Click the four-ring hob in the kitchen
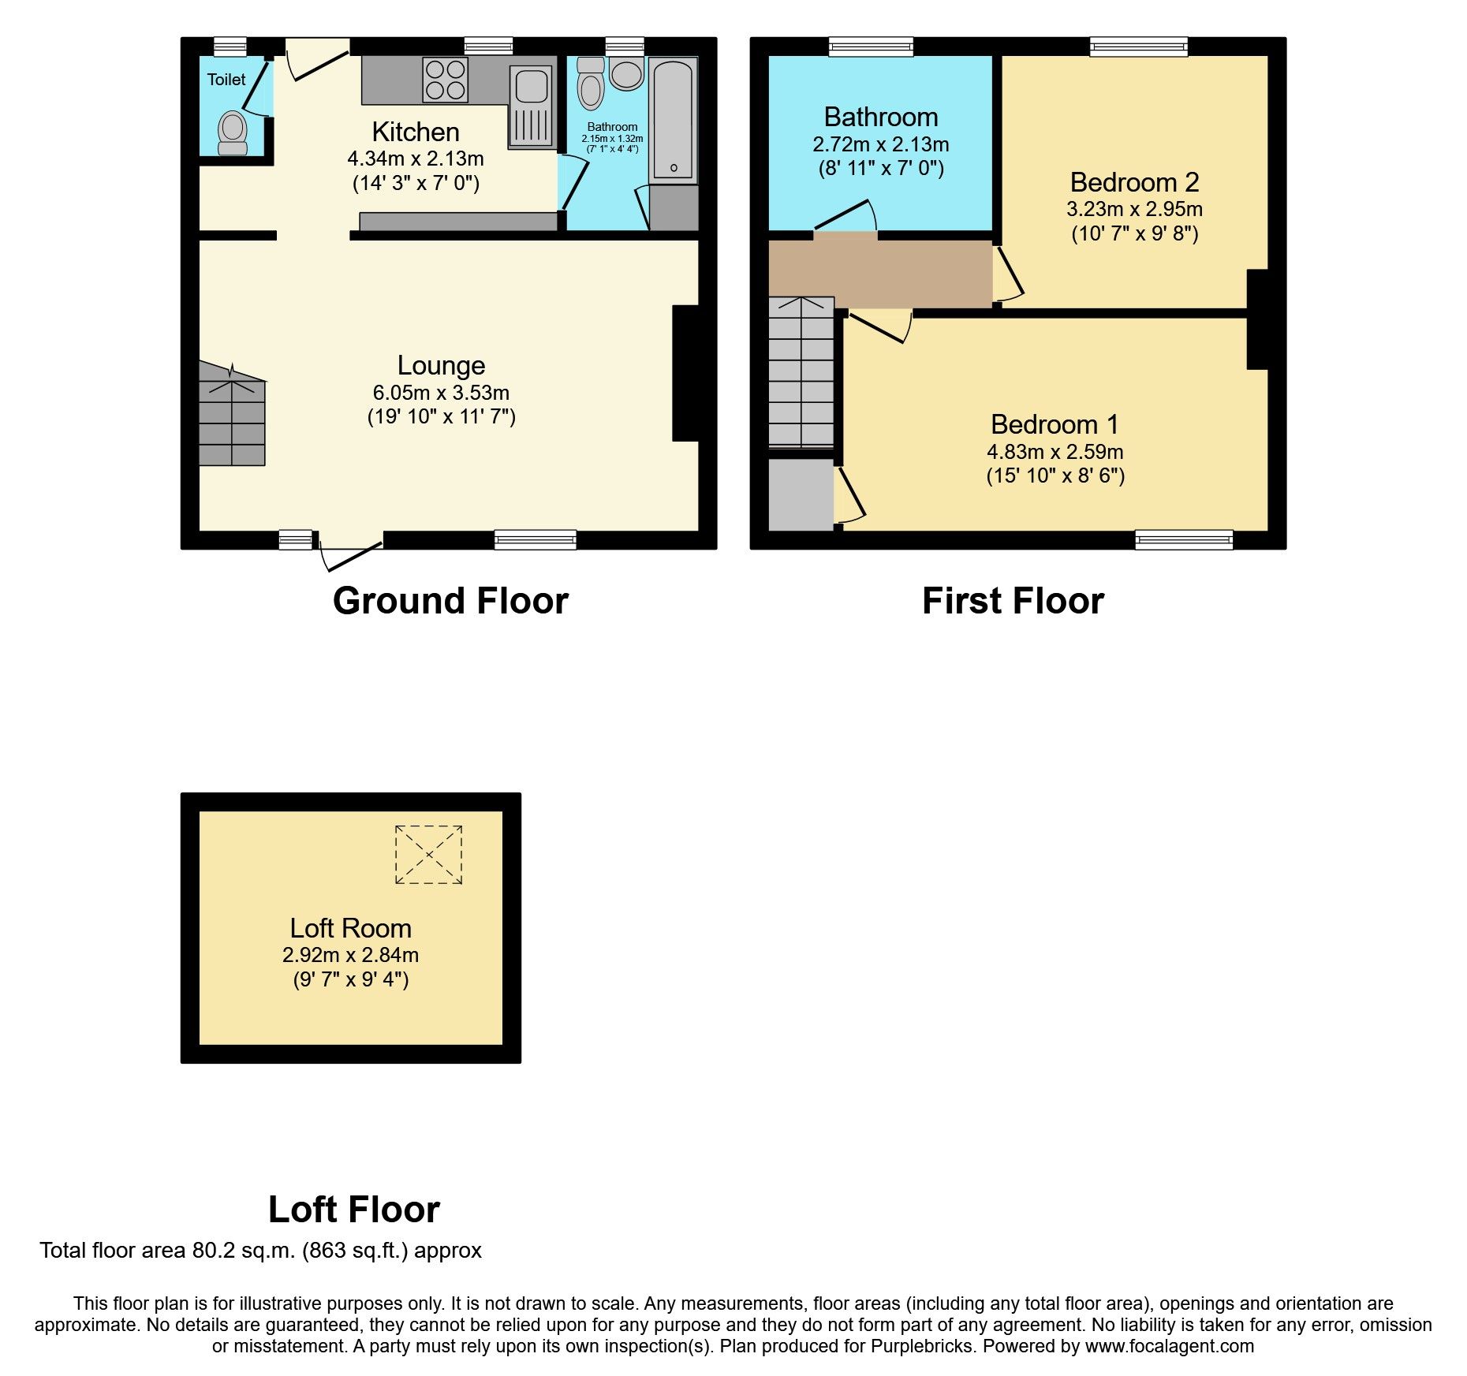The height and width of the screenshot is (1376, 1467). click(x=446, y=80)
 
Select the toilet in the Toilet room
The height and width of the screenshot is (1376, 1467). click(x=233, y=133)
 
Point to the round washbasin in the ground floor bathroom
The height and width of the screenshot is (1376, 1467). click(x=626, y=74)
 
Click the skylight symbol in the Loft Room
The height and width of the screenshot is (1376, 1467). click(x=428, y=855)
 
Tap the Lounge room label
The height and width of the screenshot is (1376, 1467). click(x=441, y=365)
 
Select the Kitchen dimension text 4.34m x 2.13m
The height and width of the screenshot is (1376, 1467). click(x=416, y=158)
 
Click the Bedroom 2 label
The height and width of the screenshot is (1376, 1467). click(x=1134, y=182)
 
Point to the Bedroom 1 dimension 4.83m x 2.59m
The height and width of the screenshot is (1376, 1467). click(x=1055, y=452)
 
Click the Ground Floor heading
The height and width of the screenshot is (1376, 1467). click(x=450, y=601)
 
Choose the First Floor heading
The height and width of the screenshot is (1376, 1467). click(x=1013, y=601)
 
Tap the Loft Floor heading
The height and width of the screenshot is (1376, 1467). click(x=354, y=1210)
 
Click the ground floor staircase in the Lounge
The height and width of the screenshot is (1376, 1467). click(x=232, y=413)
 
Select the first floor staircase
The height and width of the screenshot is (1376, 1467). click(x=801, y=372)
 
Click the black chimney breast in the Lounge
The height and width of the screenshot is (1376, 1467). click(x=685, y=373)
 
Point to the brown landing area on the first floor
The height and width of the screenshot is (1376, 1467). click(x=880, y=274)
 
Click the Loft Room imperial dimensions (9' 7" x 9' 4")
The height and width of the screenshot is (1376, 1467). click(x=351, y=979)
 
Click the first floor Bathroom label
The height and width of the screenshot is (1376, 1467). click(x=881, y=117)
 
